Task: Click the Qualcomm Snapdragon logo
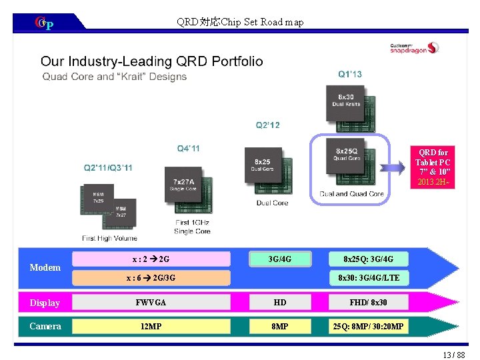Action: point(414,47)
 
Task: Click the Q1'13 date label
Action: point(350,74)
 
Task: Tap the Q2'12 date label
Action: point(268,125)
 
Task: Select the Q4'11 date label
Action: point(188,148)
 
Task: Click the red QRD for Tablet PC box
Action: point(433,167)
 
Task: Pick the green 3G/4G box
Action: point(279,258)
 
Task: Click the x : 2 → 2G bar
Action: point(151,258)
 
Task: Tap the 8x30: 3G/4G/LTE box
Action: point(369,277)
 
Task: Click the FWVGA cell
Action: point(151,303)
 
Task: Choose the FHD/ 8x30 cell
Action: point(369,303)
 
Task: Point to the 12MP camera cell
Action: point(151,326)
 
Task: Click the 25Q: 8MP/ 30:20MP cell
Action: point(369,326)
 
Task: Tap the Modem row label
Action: point(45,267)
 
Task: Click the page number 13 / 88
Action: point(453,353)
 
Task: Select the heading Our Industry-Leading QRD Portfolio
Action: point(152,61)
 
